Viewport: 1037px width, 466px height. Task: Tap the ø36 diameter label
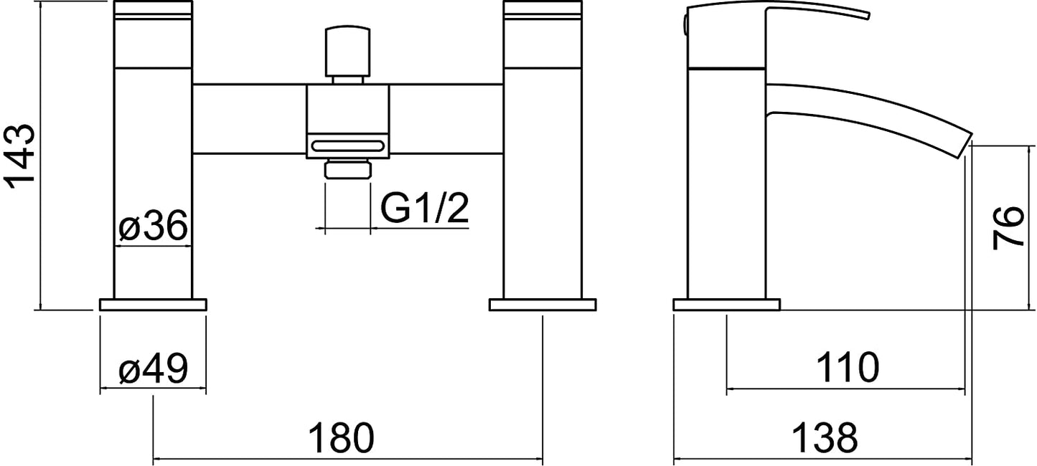click(153, 226)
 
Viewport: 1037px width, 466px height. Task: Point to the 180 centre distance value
click(341, 438)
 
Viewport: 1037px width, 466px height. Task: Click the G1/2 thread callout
click(425, 209)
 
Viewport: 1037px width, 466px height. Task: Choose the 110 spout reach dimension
click(848, 368)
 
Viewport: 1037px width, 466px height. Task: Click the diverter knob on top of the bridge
click(348, 52)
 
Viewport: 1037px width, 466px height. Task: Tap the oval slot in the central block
click(348, 146)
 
